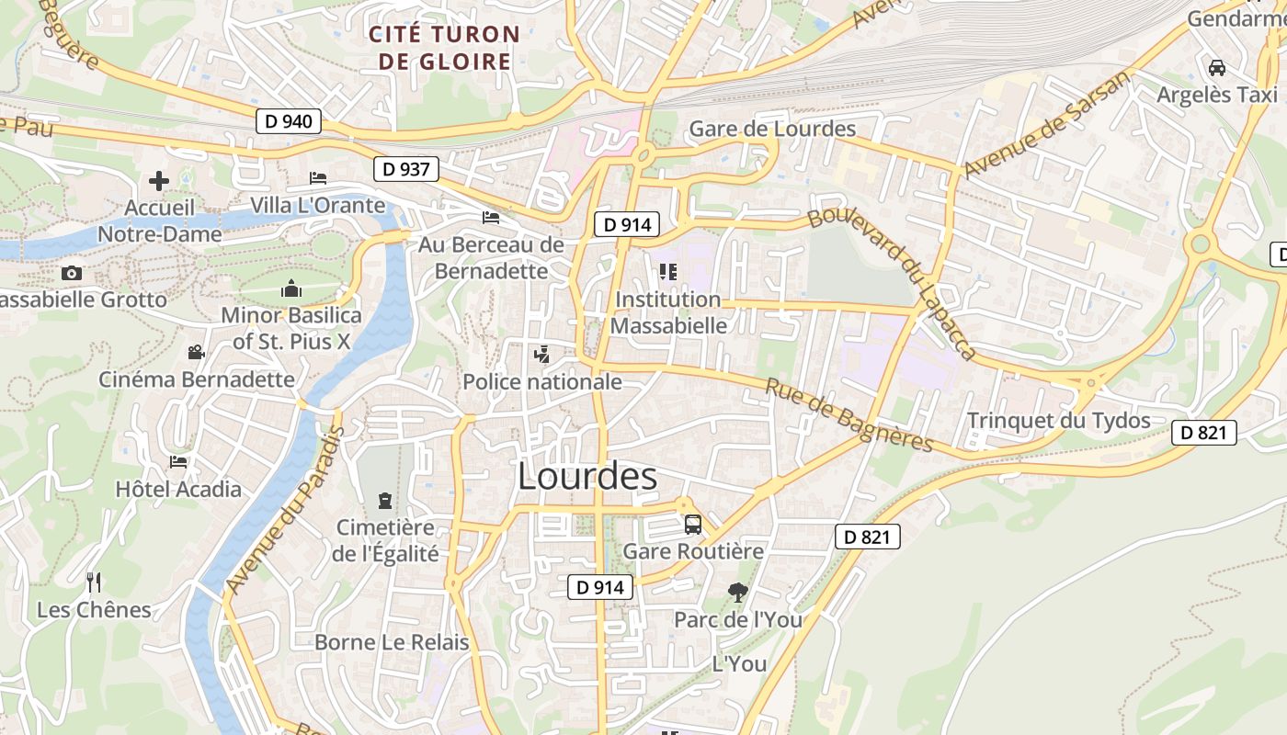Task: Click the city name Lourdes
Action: click(587, 476)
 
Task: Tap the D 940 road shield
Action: click(288, 120)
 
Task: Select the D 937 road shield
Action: click(406, 169)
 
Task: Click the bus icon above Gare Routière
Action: click(693, 525)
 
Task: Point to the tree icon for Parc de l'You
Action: click(737, 593)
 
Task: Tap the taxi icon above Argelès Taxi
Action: click(1217, 68)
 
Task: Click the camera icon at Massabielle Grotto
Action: click(71, 273)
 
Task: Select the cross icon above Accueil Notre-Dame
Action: click(159, 181)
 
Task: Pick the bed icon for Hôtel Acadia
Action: click(178, 461)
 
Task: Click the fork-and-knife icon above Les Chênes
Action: click(93, 582)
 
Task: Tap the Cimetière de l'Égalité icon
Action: click(383, 501)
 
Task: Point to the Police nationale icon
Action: click(541, 354)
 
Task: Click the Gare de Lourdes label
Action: click(772, 129)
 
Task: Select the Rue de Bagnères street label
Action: click(849, 416)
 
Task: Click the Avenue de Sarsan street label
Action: click(1046, 125)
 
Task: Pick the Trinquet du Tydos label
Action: click(1058, 421)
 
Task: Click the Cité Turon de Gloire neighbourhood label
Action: click(444, 49)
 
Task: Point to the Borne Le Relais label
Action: click(392, 642)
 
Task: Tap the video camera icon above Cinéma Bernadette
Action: click(196, 352)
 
